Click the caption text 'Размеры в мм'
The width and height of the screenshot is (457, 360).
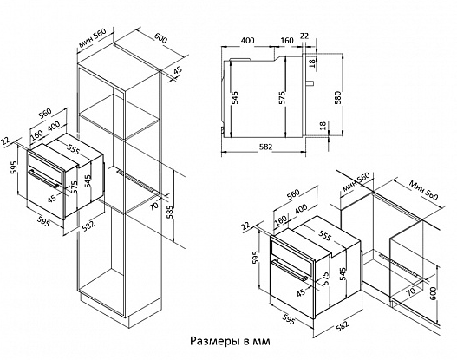[231, 341]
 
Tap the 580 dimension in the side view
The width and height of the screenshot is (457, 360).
[338, 98]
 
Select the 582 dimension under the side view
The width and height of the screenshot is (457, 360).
[265, 147]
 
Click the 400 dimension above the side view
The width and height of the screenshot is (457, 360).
[247, 40]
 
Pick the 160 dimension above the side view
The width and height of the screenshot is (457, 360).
[287, 40]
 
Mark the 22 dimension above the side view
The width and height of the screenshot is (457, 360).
[304, 36]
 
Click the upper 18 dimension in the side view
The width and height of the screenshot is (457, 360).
[312, 63]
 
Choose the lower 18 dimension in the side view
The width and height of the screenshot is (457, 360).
[323, 126]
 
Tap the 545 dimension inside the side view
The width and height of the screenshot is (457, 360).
[235, 98]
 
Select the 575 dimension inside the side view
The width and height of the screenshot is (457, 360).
[282, 98]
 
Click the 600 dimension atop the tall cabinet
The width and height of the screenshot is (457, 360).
[160, 38]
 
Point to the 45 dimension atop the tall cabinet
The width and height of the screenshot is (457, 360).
[178, 70]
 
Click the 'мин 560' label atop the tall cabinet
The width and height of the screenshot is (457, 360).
[92, 37]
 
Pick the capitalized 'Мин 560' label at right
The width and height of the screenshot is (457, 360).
[423, 190]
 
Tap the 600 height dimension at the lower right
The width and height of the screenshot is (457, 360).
[433, 294]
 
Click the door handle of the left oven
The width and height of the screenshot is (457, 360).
[43, 179]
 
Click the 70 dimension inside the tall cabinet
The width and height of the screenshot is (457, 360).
[153, 206]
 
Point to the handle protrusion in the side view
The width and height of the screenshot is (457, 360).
[310, 83]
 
